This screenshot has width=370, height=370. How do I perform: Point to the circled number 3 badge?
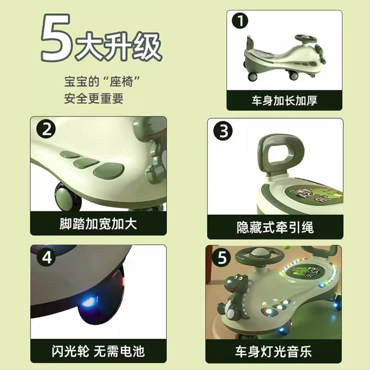tap(224, 132)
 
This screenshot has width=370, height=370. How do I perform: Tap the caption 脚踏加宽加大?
tap(98, 224)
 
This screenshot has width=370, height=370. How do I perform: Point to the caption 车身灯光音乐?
tap(274, 351)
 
